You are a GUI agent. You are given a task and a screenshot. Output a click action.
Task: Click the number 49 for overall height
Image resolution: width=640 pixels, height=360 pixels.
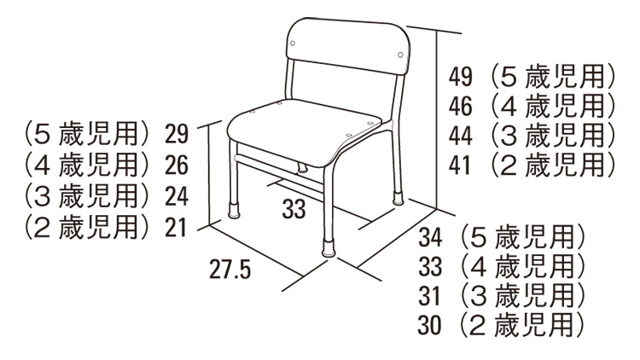461,77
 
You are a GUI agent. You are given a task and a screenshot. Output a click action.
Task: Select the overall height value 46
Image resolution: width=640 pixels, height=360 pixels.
461,106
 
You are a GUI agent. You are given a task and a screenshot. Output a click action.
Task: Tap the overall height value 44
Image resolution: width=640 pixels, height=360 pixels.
461,136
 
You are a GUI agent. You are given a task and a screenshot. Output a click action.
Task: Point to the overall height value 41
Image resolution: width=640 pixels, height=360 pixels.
460,165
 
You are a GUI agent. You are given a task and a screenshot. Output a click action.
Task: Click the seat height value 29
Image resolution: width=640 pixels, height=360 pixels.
177,134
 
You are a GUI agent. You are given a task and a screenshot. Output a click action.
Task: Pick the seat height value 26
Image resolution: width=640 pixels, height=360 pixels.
177,165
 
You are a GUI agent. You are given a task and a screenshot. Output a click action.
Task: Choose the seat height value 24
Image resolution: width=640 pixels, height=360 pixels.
177,197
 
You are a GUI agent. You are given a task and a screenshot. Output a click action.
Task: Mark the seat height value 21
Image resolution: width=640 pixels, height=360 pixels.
176,228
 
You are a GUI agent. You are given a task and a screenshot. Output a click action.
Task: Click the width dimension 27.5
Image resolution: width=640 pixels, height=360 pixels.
230,270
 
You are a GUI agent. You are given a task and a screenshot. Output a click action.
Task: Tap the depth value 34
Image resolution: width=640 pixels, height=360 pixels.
430,237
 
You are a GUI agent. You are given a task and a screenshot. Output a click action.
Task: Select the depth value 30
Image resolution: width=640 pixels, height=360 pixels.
430,326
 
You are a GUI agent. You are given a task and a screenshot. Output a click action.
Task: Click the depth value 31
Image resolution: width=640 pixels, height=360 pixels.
429,296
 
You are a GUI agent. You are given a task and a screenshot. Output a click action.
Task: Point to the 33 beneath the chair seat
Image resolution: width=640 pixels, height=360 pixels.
294,209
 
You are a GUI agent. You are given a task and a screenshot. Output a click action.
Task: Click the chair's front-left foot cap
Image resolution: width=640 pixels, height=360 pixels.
234,211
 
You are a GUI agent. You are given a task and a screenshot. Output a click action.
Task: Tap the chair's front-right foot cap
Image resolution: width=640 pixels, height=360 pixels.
329,248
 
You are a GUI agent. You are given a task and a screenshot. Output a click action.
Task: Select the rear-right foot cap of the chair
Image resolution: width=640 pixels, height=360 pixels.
398,198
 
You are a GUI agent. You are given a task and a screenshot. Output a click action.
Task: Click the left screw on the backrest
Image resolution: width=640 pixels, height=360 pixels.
293,44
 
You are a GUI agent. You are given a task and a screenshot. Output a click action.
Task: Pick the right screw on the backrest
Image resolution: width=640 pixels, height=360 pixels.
400,55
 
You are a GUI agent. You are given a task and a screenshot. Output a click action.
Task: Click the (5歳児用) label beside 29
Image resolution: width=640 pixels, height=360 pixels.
86,134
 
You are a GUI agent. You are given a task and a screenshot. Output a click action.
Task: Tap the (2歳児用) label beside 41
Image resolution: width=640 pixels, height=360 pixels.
553,165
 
